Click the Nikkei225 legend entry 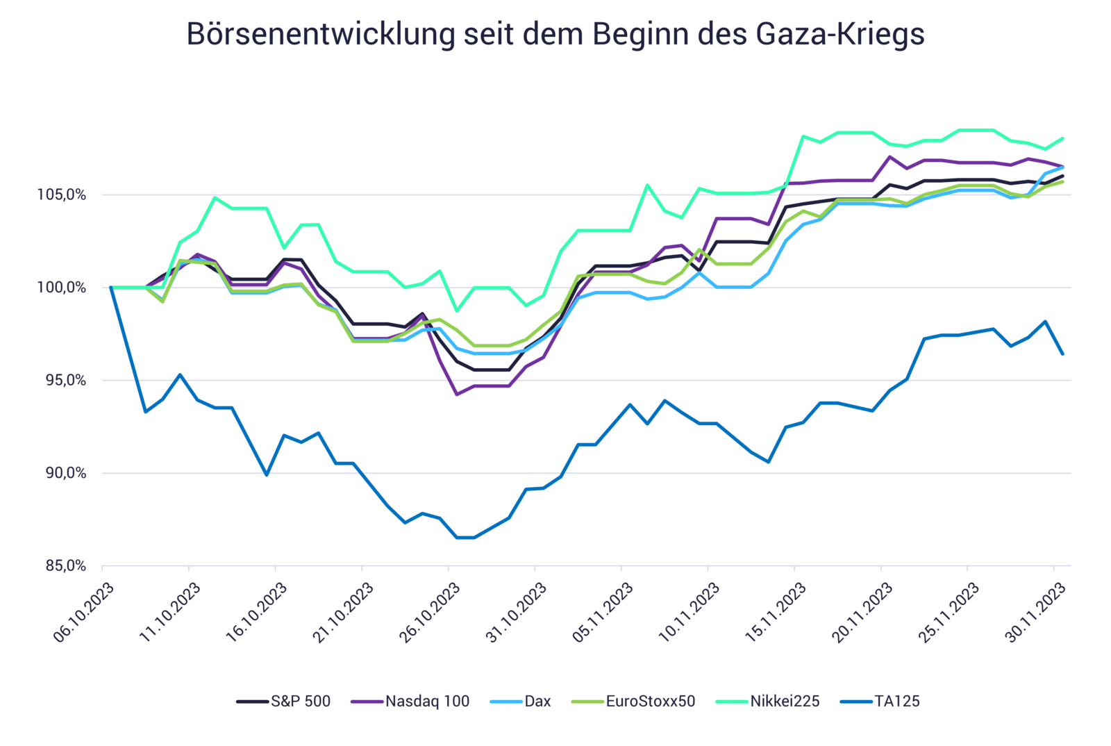pos(768,701)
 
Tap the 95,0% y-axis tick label pos(66,381)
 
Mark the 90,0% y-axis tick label pos(66,474)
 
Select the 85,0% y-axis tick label pos(66,566)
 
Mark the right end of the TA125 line pos(1063,354)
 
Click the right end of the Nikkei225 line pos(1063,138)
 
